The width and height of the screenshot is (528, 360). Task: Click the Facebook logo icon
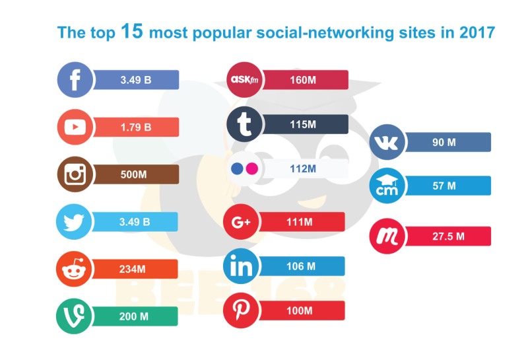[75, 81]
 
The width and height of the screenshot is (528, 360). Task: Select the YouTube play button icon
[75, 127]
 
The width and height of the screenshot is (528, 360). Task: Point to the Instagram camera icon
[75, 174]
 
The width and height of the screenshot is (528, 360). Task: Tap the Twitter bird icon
[75, 222]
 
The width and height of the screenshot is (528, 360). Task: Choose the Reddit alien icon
[75, 270]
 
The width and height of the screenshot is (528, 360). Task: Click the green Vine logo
[75, 316]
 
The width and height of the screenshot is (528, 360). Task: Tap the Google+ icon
[242, 222]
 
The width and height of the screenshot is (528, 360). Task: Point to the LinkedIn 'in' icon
[242, 266]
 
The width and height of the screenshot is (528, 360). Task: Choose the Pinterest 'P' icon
[242, 310]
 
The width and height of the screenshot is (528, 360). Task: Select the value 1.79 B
[136, 127]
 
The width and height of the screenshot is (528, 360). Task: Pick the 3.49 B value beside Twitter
[136, 222]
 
